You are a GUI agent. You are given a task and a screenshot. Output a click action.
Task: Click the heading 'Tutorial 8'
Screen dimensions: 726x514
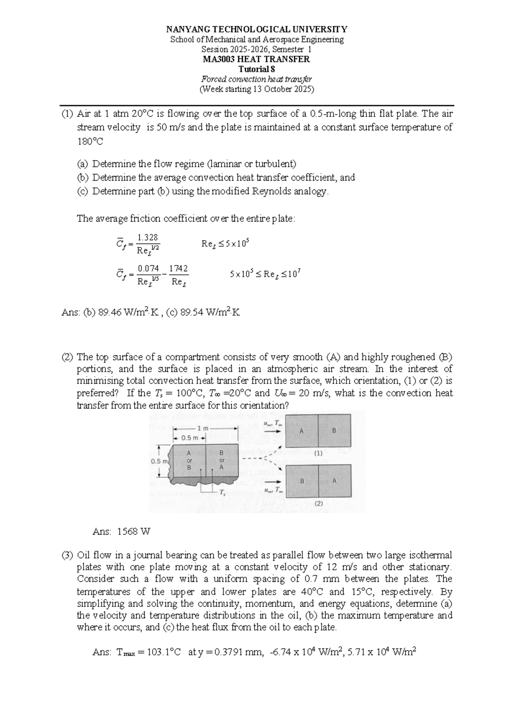pos(257,69)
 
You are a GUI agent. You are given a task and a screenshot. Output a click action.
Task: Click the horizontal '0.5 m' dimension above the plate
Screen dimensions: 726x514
pos(190,438)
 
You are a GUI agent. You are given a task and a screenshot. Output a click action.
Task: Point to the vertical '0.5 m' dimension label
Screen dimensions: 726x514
pos(161,461)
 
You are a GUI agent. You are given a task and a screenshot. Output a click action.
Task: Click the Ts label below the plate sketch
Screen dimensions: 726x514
pos(222,492)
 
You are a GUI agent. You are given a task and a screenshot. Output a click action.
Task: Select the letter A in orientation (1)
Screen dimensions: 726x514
pos(302,431)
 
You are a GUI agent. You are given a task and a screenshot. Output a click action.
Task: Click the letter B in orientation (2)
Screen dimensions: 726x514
pos(302,481)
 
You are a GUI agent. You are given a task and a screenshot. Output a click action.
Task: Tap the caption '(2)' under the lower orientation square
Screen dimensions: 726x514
pos(318,504)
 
